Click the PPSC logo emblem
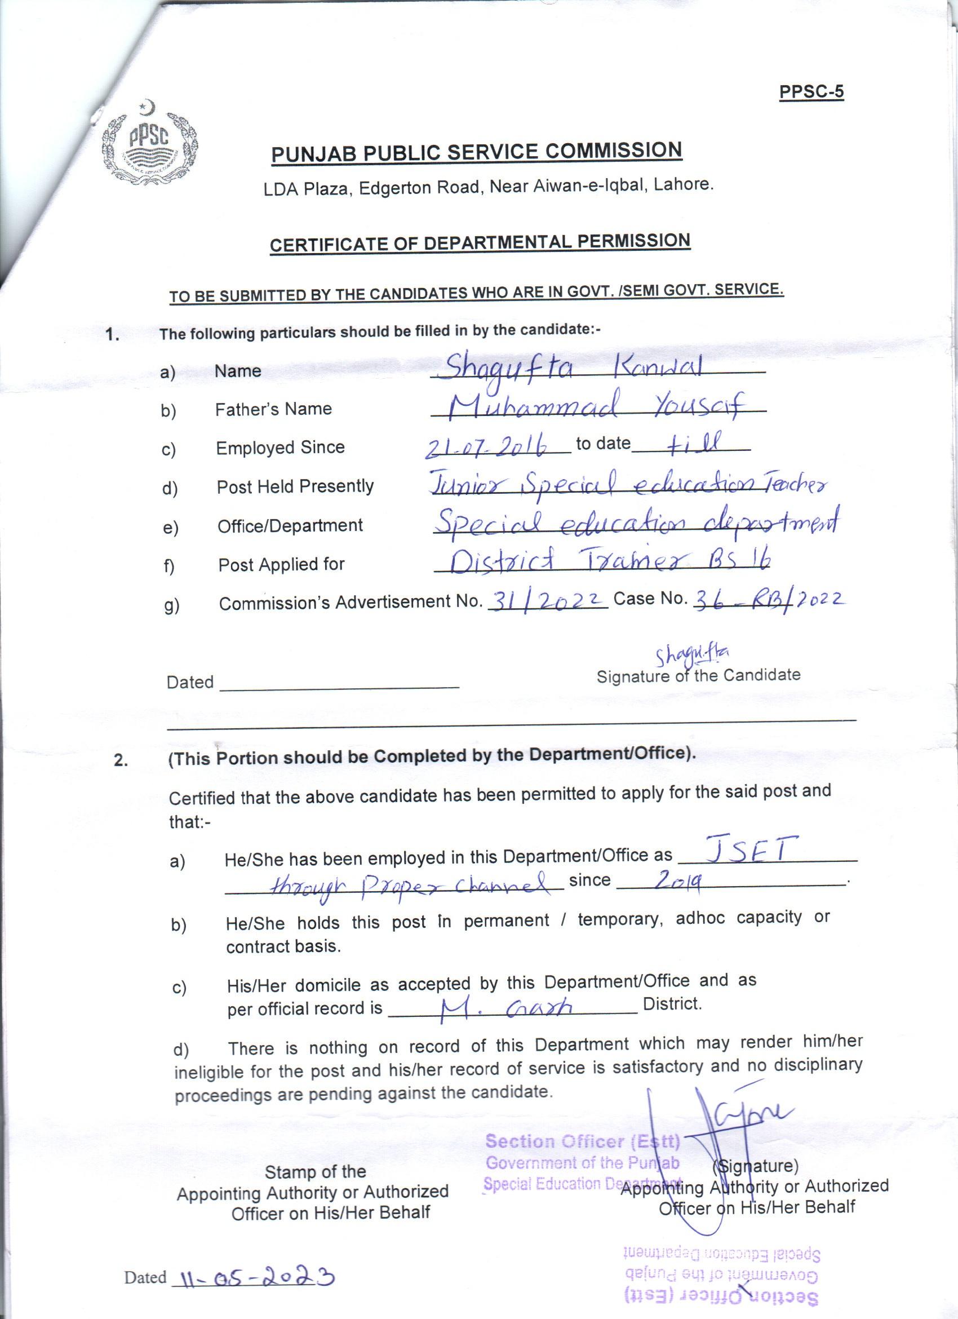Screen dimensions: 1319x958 (x=150, y=146)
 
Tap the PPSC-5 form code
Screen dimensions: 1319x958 (x=811, y=92)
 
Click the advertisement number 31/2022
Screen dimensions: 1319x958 (x=547, y=599)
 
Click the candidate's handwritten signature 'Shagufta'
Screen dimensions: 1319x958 (x=692, y=656)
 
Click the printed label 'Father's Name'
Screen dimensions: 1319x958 (x=273, y=409)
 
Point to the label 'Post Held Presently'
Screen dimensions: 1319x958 (x=295, y=486)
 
